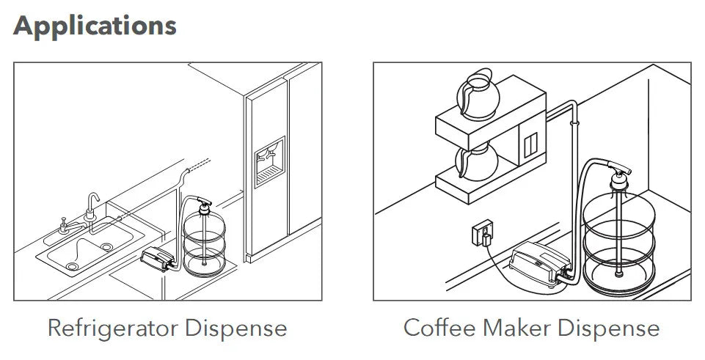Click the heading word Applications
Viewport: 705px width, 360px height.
click(x=95, y=26)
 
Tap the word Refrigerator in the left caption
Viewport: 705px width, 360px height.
click(x=114, y=328)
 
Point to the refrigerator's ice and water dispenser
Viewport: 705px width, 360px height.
click(x=270, y=162)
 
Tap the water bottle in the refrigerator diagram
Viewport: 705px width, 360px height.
click(x=204, y=243)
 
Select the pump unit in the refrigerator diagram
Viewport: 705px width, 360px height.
click(x=158, y=259)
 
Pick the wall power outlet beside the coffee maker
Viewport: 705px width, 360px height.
click(x=483, y=233)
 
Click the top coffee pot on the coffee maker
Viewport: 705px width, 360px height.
click(x=477, y=94)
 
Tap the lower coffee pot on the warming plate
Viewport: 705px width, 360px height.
click(x=476, y=163)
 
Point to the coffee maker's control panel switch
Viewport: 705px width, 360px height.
click(x=530, y=144)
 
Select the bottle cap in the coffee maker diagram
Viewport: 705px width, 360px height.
click(x=619, y=180)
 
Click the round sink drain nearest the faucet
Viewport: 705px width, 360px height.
click(x=106, y=246)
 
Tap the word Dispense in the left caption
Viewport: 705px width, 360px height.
click(x=236, y=328)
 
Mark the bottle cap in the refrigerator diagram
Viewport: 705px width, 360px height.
click(x=205, y=208)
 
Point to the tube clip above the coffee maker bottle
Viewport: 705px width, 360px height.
click(x=574, y=122)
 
